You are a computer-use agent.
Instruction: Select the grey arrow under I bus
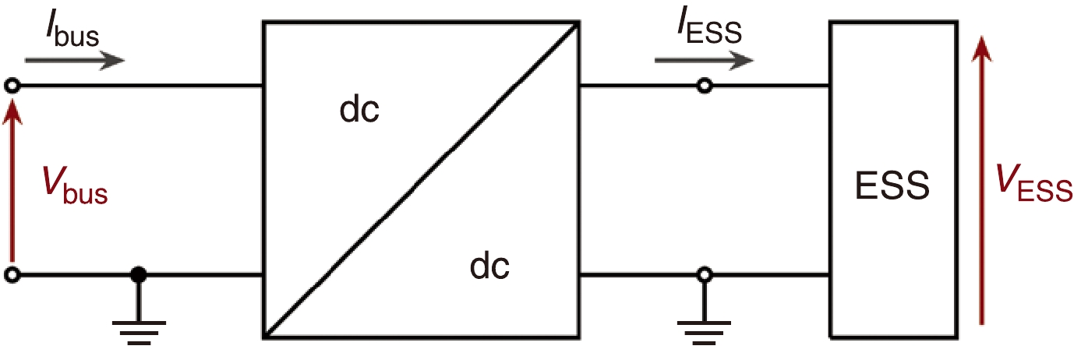[74, 59]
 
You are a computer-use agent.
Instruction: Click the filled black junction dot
[139, 275]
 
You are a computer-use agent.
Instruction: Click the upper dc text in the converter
[359, 111]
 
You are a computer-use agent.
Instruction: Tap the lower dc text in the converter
[489, 266]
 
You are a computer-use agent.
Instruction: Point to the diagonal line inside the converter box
[421, 180]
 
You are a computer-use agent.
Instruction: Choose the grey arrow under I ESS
[704, 59]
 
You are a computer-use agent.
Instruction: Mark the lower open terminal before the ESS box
[705, 274]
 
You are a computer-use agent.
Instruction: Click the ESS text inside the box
[892, 188]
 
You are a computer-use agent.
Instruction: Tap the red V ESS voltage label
[1033, 188]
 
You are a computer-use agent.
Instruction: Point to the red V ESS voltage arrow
[983, 179]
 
